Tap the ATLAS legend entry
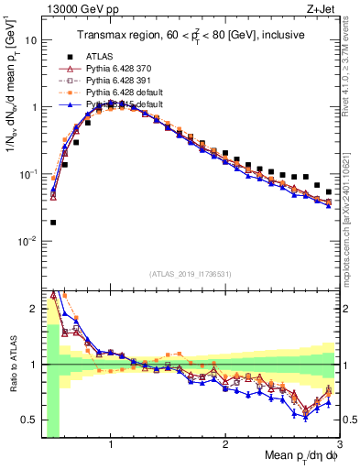(101, 57)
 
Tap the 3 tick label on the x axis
(340, 445)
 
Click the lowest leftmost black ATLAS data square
(53, 223)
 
